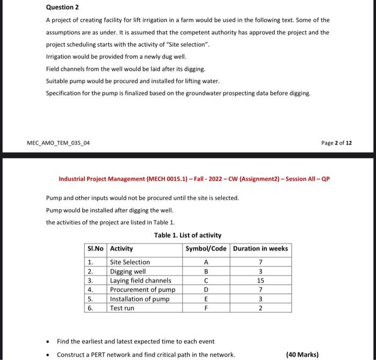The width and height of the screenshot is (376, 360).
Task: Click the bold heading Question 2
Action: pyautogui.click(x=62, y=7)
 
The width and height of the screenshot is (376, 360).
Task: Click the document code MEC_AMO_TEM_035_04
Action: pyautogui.click(x=59, y=143)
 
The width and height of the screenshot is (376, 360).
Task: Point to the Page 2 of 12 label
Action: pyautogui.click(x=336, y=143)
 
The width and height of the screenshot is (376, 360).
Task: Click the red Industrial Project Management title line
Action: pyautogui.click(x=194, y=179)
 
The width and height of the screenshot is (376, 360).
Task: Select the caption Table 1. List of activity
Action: pyautogui.click(x=187, y=235)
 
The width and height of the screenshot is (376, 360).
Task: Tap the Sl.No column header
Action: pyautogui.click(x=96, y=248)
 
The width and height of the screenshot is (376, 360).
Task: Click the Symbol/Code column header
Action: pyautogui.click(x=206, y=248)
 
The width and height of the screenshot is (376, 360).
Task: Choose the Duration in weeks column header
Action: pyautogui.click(x=261, y=248)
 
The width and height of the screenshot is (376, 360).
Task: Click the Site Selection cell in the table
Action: pyautogui.click(x=130, y=262)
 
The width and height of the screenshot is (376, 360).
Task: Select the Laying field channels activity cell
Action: pyautogui.click(x=140, y=280)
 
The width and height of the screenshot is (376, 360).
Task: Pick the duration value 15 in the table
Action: pyautogui.click(x=261, y=280)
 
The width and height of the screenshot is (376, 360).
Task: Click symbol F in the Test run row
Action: pyautogui.click(x=206, y=308)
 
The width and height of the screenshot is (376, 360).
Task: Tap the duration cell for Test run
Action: pyautogui.click(x=261, y=308)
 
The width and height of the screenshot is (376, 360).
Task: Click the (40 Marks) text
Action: pyautogui.click(x=302, y=354)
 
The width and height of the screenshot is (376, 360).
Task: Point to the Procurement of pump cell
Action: pyautogui.click(x=142, y=290)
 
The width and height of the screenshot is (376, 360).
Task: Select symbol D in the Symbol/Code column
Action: pyautogui.click(x=206, y=290)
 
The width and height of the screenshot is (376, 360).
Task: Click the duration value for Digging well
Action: pyautogui.click(x=261, y=271)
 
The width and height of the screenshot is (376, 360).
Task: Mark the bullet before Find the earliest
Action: pyautogui.click(x=49, y=341)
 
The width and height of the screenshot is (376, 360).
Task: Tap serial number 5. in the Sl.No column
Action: pyautogui.click(x=90, y=299)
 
